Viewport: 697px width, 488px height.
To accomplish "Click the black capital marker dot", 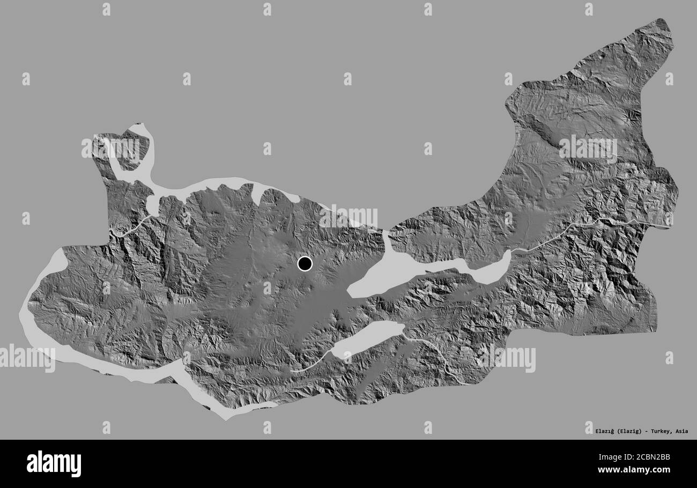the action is coord(305,264).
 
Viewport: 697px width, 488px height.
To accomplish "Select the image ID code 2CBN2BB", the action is coord(648,457).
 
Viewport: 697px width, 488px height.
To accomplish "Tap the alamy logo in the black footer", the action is coord(54,464).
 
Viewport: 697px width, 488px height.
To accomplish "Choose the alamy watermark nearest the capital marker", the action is coord(348,217).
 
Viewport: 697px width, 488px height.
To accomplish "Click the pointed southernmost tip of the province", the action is coord(225,416).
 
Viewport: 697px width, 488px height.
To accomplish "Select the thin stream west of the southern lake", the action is coord(311,365).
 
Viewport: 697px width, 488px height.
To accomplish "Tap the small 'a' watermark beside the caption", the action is coord(588,427).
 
